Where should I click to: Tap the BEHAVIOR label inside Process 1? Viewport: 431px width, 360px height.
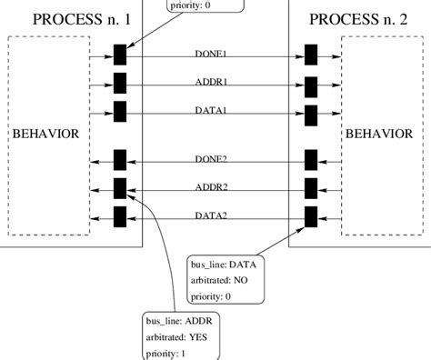point(45,135)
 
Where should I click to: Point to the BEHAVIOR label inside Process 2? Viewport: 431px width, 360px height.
point(381,135)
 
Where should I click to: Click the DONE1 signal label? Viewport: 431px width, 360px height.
point(211,55)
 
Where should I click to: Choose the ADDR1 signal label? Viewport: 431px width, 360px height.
point(211,82)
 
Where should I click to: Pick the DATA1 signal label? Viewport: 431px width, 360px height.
point(211,109)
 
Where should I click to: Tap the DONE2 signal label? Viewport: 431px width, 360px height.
point(211,160)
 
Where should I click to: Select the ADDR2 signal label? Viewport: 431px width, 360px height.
point(211,187)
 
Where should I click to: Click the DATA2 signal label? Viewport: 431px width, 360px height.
point(211,216)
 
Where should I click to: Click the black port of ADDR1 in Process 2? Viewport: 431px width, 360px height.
point(311,85)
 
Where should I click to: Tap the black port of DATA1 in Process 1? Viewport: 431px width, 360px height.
point(119,112)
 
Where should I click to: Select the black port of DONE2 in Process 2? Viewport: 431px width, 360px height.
point(311,160)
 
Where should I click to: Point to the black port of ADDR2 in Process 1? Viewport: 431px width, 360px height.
point(119,188)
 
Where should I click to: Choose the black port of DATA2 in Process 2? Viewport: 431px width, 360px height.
point(311,216)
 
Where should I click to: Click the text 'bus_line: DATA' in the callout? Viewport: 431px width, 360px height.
point(224,264)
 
